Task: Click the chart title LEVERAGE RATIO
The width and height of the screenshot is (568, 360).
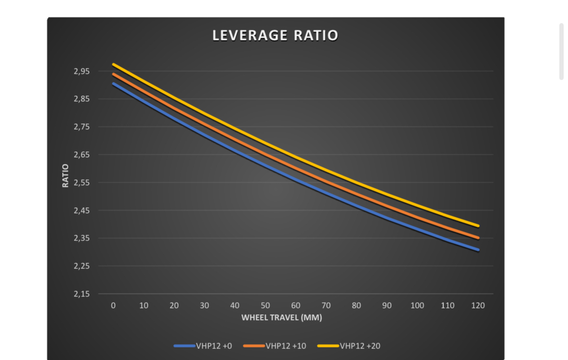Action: (x=275, y=36)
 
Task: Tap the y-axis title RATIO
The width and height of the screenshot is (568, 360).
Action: (x=66, y=175)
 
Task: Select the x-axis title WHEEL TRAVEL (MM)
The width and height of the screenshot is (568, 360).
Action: (x=282, y=318)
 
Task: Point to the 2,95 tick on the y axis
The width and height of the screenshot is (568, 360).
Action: (x=81, y=71)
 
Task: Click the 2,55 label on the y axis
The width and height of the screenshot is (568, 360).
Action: (x=81, y=183)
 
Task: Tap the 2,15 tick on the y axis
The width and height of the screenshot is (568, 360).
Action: (x=81, y=294)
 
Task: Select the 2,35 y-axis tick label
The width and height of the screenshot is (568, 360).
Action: (x=81, y=238)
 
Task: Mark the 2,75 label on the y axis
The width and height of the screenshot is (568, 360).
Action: (x=81, y=127)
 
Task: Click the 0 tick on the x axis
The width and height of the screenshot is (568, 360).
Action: (x=113, y=306)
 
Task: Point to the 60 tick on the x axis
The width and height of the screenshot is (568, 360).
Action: (x=296, y=306)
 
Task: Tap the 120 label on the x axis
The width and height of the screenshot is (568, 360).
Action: (x=478, y=306)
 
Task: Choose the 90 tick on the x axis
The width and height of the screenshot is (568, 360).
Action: (x=387, y=306)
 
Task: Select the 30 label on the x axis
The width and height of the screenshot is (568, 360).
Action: (x=204, y=306)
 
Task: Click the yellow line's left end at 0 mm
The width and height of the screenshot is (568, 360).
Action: (x=114, y=65)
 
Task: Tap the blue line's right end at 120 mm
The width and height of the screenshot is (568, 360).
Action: (x=478, y=250)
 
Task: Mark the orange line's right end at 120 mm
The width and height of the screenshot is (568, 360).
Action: (x=478, y=238)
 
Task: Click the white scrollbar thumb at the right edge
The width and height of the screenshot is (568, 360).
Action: (x=561, y=51)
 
